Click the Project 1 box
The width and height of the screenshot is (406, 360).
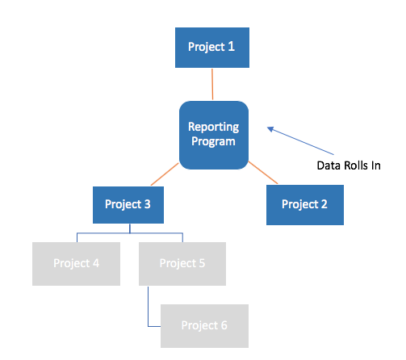click(212, 48)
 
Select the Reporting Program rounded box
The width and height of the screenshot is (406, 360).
click(214, 135)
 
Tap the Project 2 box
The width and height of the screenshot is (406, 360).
click(305, 205)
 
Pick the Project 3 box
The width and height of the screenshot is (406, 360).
click(128, 205)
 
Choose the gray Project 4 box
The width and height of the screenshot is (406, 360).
click(76, 264)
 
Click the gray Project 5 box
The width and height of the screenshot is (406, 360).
click(182, 264)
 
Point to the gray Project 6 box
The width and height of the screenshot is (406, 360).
click(204, 326)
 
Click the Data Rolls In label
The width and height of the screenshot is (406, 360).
click(349, 165)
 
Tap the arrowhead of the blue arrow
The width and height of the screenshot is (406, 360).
click(270, 129)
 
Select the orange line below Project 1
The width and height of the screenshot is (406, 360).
click(212, 84)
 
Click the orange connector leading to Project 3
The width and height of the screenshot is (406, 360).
click(165, 174)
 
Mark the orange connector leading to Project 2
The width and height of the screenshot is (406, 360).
click(263, 173)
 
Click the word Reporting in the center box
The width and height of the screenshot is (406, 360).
click(213, 128)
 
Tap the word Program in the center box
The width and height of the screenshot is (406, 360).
click(213, 141)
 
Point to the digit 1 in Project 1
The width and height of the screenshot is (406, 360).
click(231, 47)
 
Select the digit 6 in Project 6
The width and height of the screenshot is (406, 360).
click(224, 325)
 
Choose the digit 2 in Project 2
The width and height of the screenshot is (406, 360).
click(324, 204)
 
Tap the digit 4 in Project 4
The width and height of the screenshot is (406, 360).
click(96, 263)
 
